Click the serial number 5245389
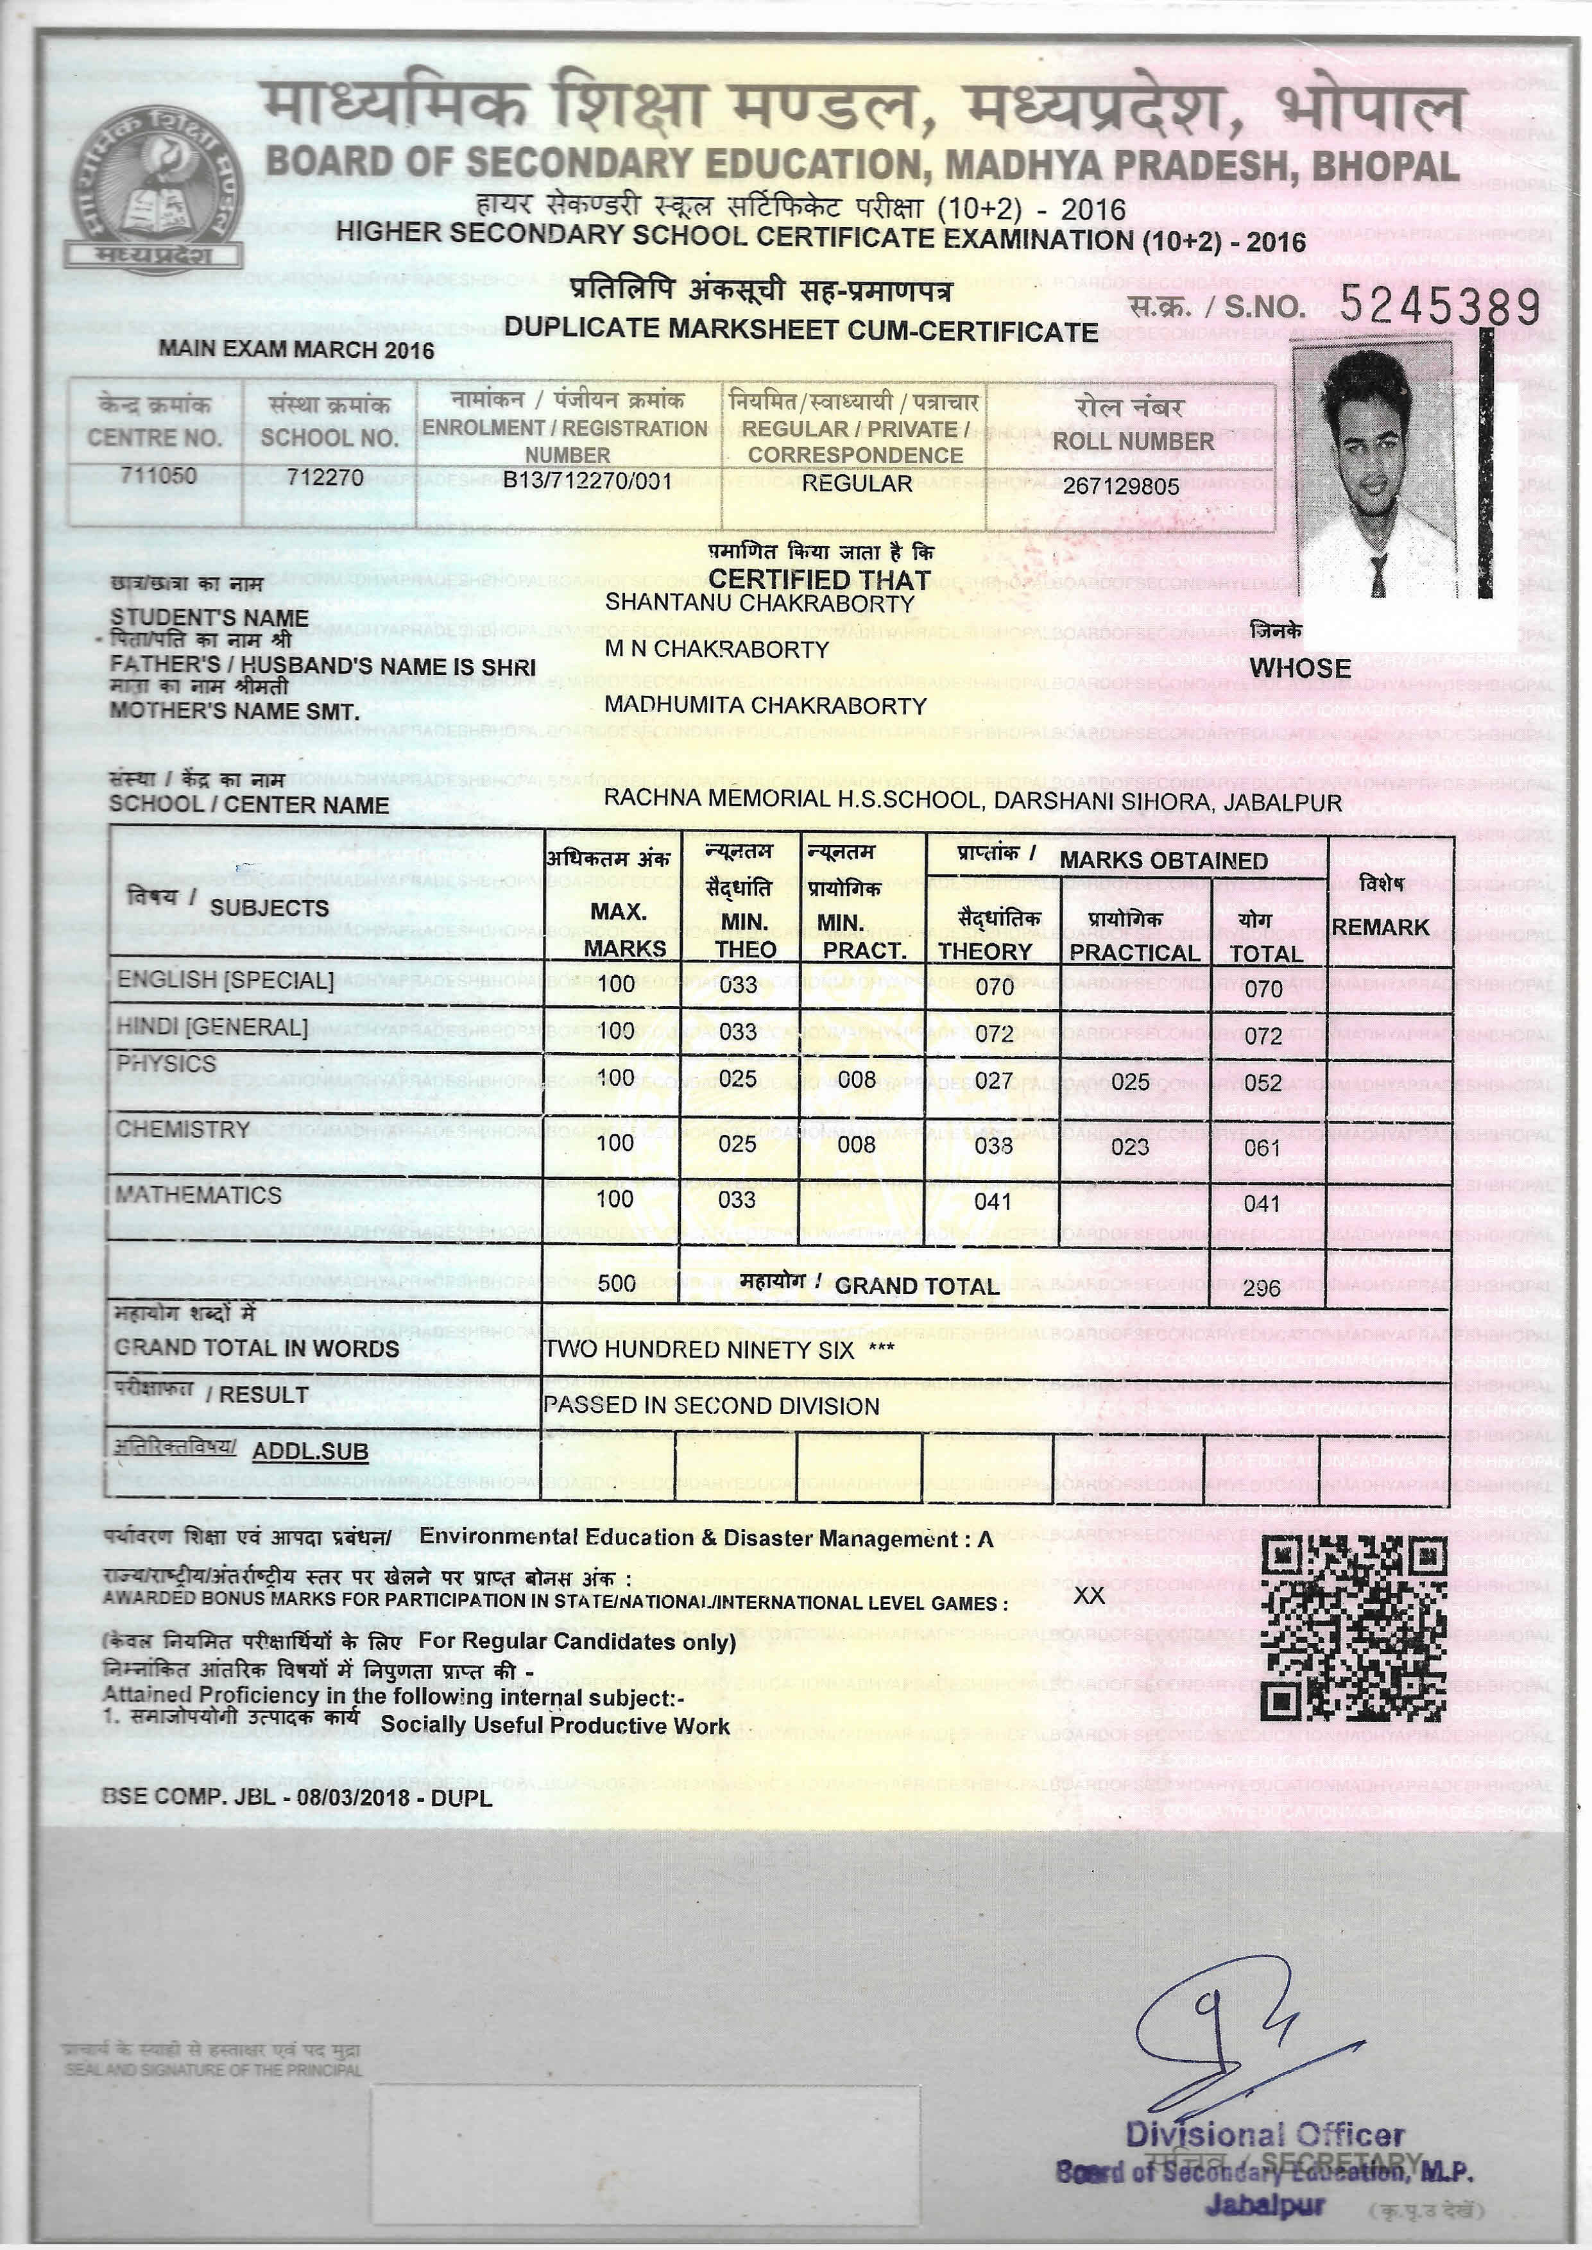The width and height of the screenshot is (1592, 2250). pyautogui.click(x=1439, y=307)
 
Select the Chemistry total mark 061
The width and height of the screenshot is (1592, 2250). pyautogui.click(x=1263, y=1148)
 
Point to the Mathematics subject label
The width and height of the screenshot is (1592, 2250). pyautogui.click(x=199, y=1195)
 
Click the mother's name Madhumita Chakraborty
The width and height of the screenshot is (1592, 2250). pyautogui.click(x=765, y=706)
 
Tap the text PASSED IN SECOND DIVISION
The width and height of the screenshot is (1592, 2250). pyautogui.click(x=711, y=1405)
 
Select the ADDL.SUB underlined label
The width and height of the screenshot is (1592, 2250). pyautogui.click(x=310, y=1451)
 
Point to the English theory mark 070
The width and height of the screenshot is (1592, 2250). pyautogui.click(x=994, y=987)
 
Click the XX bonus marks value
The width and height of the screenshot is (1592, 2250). pyautogui.click(x=1089, y=1596)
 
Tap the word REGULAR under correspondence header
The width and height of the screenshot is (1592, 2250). pyautogui.click(x=857, y=483)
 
